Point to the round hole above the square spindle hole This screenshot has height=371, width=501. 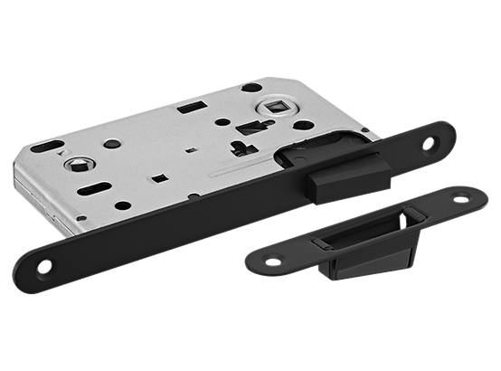click(x=252, y=88)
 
